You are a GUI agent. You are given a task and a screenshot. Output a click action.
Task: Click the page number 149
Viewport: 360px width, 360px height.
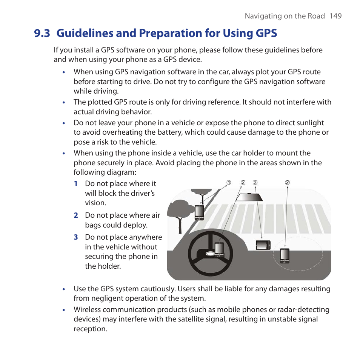click(335, 16)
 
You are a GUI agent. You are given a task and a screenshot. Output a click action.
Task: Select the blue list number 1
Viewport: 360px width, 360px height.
click(76, 184)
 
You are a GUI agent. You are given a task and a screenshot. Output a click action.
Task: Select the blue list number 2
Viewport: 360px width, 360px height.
click(76, 215)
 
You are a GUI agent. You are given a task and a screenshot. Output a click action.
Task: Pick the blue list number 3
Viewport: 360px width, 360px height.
click(76, 237)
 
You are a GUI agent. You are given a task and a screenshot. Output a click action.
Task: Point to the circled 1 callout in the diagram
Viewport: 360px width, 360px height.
click(229, 183)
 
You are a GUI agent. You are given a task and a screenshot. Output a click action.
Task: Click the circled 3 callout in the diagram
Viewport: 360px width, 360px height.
click(255, 183)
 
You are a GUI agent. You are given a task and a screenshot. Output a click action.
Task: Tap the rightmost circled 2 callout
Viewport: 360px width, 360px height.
click(287, 183)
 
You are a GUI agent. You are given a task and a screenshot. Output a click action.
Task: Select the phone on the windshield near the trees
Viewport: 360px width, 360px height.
click(199, 212)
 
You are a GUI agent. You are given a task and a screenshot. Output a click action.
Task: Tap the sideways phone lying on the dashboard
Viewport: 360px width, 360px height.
click(263, 245)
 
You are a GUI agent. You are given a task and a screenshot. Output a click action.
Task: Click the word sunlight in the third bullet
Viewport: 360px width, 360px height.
click(310, 123)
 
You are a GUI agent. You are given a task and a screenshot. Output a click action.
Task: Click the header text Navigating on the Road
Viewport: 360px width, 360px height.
click(285, 16)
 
